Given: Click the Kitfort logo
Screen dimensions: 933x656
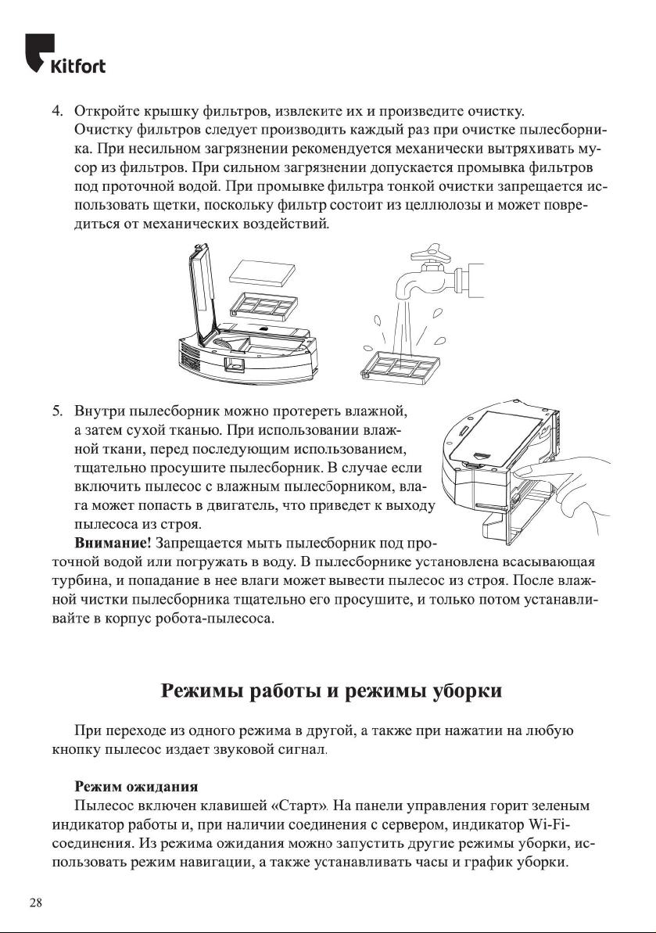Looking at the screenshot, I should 66,55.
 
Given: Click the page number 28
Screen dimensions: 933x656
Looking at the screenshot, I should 36,903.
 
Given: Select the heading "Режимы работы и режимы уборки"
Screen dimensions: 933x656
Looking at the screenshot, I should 331,691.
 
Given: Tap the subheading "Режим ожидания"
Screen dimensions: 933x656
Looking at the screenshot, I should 135,785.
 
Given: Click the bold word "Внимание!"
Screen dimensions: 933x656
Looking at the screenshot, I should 113,543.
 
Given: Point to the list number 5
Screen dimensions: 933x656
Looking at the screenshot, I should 57,411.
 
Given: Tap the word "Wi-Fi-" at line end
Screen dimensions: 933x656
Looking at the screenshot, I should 550,825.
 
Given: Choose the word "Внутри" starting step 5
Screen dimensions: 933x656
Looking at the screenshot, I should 99,411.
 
